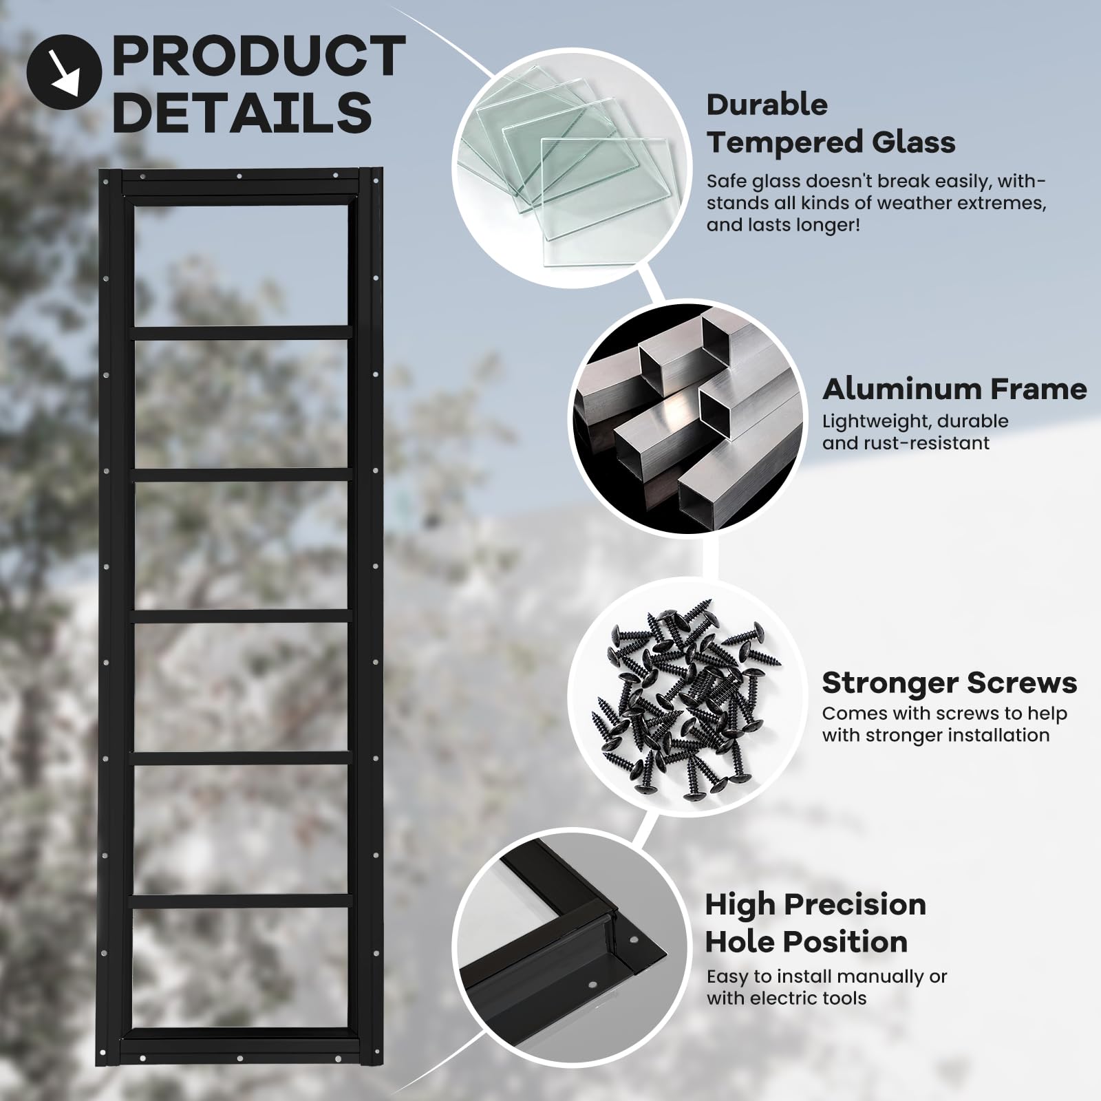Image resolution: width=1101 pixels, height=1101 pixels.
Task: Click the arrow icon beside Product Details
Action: click(x=64, y=72)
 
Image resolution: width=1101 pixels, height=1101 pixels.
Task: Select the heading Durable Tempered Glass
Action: click(x=831, y=124)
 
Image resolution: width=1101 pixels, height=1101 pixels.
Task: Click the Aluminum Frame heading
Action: click(x=954, y=389)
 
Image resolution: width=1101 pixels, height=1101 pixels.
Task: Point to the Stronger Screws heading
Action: click(x=950, y=683)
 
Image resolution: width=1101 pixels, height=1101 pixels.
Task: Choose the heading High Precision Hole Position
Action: click(x=815, y=923)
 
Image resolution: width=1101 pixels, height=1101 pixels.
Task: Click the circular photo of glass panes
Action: click(x=571, y=169)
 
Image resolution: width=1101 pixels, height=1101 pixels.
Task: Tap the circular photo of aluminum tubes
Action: click(x=688, y=418)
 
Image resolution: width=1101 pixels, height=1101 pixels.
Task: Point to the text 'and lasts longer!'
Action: click(x=783, y=225)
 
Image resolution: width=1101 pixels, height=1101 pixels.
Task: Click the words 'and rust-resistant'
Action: click(x=906, y=442)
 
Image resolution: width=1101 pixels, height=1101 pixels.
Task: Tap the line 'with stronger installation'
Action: click(x=936, y=735)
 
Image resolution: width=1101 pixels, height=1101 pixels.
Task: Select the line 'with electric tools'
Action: click(x=787, y=998)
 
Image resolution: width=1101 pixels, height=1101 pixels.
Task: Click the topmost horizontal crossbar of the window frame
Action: click(x=241, y=333)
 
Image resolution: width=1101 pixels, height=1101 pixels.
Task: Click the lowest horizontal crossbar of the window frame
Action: click(x=241, y=900)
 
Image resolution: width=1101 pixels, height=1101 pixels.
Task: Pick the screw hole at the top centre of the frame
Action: click(x=239, y=176)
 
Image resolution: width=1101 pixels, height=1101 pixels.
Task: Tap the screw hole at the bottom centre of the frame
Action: click(x=239, y=1058)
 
